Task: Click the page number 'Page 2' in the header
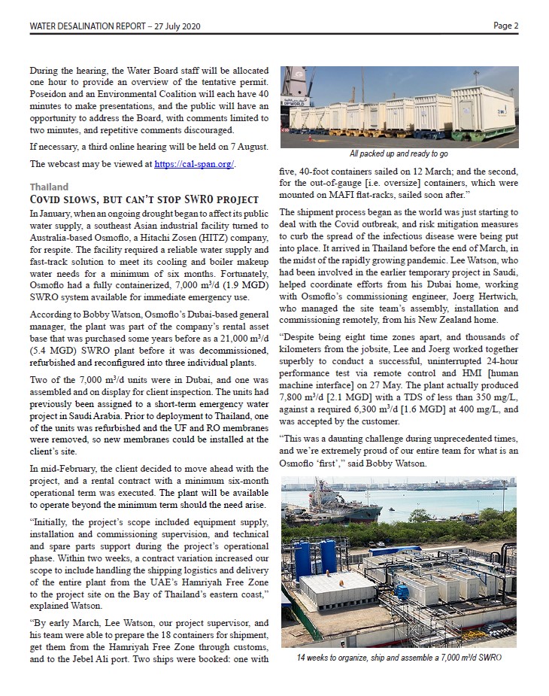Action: click(505, 26)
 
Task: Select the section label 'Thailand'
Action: click(49, 187)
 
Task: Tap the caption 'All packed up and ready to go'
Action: click(399, 153)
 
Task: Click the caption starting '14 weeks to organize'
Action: click(399, 658)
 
